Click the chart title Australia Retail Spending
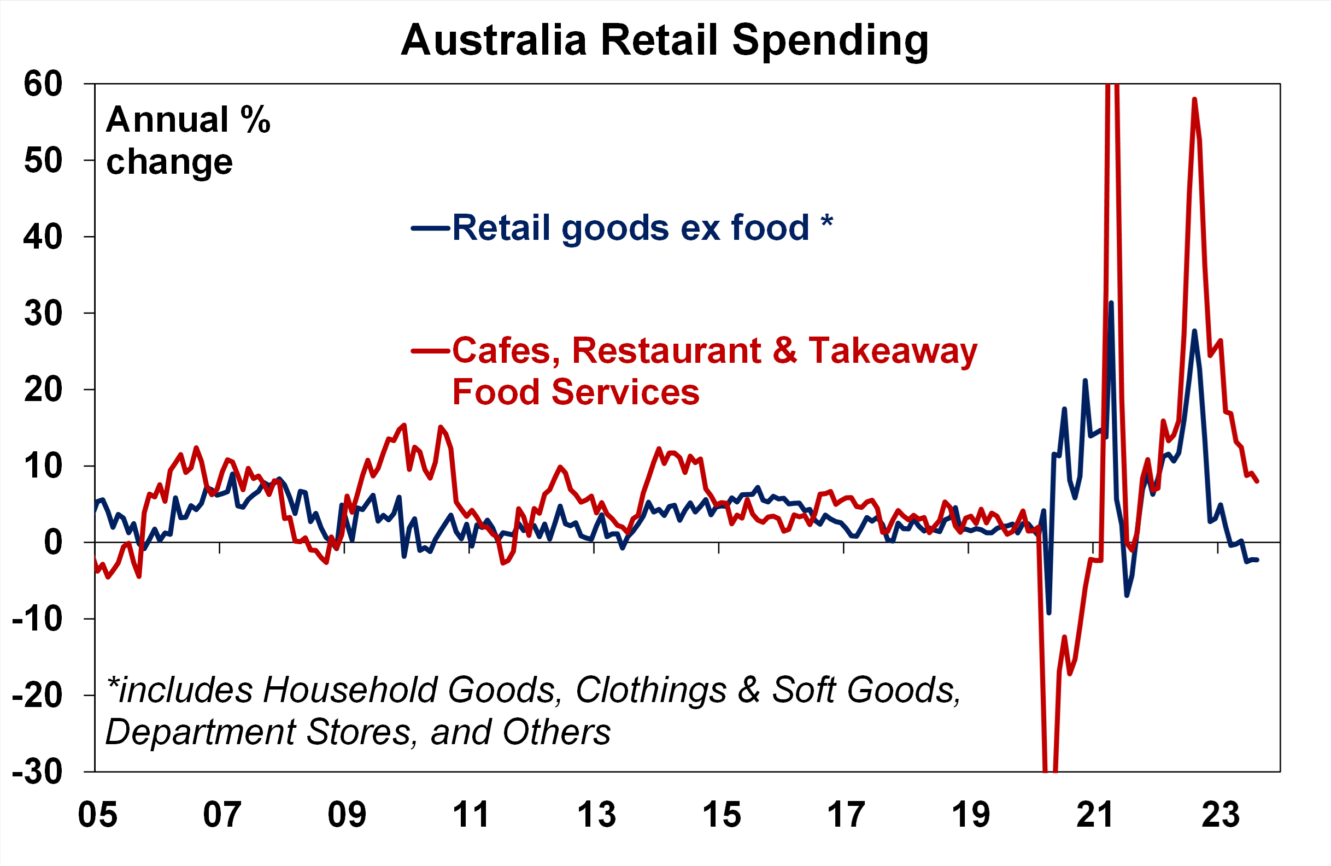click(x=664, y=40)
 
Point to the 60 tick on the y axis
click(x=43, y=85)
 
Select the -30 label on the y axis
click(x=37, y=772)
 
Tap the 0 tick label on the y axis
click(x=53, y=543)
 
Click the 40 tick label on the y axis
click(x=43, y=237)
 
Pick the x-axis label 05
click(x=98, y=815)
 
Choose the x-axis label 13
click(x=596, y=815)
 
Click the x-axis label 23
click(x=1219, y=815)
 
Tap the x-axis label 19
click(x=970, y=815)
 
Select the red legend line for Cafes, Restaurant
click(x=430, y=351)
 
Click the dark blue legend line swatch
click(x=430, y=228)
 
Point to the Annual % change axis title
click(x=187, y=140)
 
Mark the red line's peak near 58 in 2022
click(x=1194, y=99)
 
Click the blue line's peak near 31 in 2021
click(x=1111, y=303)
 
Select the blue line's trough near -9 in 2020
click(x=1048, y=613)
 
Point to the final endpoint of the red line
click(x=1257, y=481)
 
